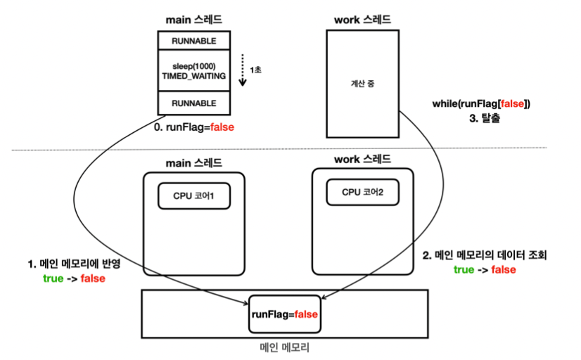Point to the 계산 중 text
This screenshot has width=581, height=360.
(363, 84)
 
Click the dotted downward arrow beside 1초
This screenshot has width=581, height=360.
(243, 70)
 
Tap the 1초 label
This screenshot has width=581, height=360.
(255, 70)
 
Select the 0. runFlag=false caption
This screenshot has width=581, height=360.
(194, 127)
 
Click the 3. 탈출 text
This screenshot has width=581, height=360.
(485, 118)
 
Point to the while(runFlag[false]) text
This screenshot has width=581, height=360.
(481, 103)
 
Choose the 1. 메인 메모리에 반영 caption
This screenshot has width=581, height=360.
(74, 264)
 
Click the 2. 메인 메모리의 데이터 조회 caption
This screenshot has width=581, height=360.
(485, 255)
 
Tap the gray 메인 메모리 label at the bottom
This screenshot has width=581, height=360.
(285, 347)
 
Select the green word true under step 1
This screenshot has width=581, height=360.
(53, 278)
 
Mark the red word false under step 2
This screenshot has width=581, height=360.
(504, 269)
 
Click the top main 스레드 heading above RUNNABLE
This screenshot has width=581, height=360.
(194, 20)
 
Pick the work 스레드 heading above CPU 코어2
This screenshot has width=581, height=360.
(362, 160)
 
